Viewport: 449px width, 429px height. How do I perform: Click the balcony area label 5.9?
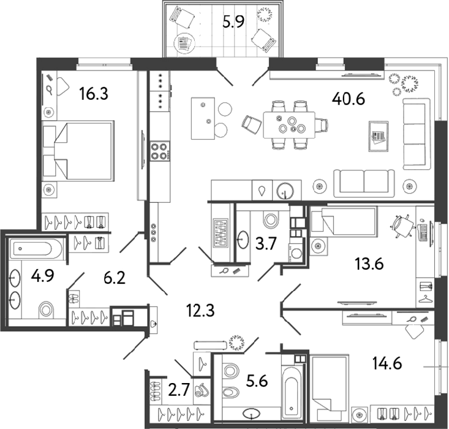click(233, 21)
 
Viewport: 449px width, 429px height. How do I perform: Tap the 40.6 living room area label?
click(349, 99)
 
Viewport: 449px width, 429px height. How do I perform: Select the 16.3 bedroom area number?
click(94, 94)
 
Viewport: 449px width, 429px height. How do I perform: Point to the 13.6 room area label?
click(369, 264)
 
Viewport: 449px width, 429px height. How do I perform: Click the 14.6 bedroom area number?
click(387, 363)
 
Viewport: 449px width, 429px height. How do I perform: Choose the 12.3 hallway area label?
click(200, 310)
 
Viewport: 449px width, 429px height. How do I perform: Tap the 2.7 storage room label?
click(179, 390)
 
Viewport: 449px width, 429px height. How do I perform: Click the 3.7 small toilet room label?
click(266, 245)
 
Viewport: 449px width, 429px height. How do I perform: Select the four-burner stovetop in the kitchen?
click(159, 151)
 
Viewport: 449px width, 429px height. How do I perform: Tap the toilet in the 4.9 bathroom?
click(46, 309)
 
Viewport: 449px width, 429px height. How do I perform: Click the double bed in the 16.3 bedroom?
click(77, 151)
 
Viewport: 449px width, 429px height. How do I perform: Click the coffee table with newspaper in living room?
click(379, 136)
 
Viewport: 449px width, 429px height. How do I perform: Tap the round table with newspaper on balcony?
click(185, 44)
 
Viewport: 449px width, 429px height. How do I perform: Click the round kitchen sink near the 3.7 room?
click(285, 190)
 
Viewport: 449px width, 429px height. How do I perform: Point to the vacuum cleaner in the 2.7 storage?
click(201, 390)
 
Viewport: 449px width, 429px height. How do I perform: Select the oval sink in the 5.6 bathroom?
click(251, 414)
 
